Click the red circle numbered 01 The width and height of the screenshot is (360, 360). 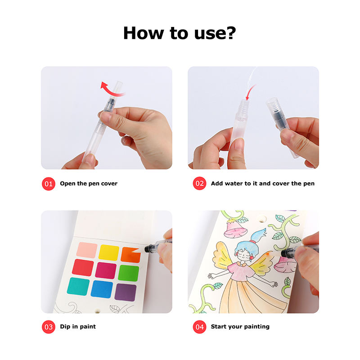click(x=49, y=184)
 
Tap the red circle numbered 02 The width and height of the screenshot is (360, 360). click(x=199, y=184)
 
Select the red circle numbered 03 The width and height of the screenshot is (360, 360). click(x=49, y=327)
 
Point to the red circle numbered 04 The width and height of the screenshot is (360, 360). click(x=199, y=327)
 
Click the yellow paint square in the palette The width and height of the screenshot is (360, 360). click(x=109, y=252)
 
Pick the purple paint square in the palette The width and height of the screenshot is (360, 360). click(x=126, y=292)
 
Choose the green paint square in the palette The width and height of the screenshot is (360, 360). click(x=128, y=273)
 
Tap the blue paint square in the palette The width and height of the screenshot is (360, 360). click(x=102, y=289)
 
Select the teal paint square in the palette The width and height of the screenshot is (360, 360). click(x=78, y=286)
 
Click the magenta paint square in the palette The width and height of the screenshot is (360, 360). click(x=106, y=270)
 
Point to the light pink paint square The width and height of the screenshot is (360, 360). click(x=87, y=250)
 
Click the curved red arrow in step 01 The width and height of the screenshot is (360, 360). click(x=112, y=91)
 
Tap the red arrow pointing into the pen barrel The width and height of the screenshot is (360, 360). click(x=251, y=92)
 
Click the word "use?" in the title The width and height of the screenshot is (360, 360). click(x=215, y=33)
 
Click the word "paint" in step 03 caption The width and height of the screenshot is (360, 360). click(x=87, y=327)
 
